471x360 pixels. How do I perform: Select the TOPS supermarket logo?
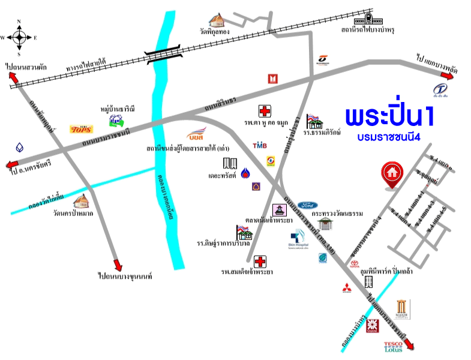81,129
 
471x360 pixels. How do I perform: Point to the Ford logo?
307,205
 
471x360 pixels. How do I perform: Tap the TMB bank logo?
259,146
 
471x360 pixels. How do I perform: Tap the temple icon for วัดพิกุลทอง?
216,20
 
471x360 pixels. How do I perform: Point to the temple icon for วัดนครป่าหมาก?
81,201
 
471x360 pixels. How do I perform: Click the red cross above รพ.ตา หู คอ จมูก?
264,111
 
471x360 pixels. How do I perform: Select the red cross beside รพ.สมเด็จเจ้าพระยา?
260,262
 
